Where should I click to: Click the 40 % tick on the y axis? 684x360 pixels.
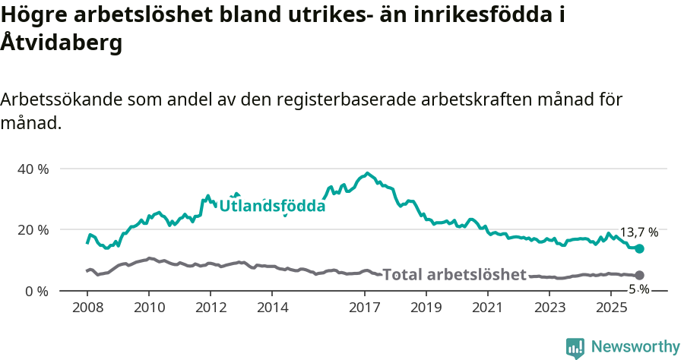tap(33, 169)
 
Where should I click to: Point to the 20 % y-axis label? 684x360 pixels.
tap(33, 229)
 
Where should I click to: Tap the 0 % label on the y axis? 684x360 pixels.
tap(36, 291)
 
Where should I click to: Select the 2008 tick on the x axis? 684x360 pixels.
tap(87, 308)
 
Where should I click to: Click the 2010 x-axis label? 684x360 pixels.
tap(148, 308)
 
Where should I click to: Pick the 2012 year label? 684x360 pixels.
tap(211, 308)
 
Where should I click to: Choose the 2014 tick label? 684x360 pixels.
tap(272, 308)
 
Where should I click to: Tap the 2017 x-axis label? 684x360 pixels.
tap(365, 308)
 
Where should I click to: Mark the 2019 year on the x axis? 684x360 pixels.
tap(426, 308)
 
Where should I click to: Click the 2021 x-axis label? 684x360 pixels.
tap(488, 308)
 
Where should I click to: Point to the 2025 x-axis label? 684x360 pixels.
tap(612, 308)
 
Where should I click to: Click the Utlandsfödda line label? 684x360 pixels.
tap(272, 205)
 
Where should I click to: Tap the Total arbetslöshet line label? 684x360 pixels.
tap(454, 275)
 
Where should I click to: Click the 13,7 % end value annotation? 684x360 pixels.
tap(638, 232)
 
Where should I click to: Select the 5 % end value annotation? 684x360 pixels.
tap(639, 289)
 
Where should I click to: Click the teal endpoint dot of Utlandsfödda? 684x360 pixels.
tap(639, 249)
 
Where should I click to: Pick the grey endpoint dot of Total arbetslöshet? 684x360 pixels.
tap(639, 276)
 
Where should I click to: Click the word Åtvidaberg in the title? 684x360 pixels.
tap(61, 43)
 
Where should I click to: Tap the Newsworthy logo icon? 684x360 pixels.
tap(575, 347)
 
